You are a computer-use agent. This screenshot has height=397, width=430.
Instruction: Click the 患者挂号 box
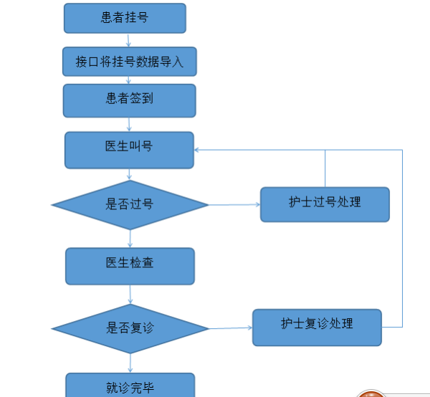click(125, 18)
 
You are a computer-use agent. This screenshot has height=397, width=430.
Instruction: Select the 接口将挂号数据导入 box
click(130, 62)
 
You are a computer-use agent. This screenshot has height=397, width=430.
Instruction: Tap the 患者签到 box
click(129, 100)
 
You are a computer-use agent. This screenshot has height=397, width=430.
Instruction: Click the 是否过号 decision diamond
click(130, 205)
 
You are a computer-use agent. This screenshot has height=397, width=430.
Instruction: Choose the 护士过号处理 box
click(325, 204)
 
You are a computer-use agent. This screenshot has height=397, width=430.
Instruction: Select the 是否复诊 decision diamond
click(130, 329)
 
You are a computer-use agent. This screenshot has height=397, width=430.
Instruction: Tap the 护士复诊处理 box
click(317, 327)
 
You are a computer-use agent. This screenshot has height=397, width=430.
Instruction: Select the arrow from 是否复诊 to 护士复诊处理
click(231, 328)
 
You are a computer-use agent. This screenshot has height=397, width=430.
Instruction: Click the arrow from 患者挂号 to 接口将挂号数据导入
click(129, 40)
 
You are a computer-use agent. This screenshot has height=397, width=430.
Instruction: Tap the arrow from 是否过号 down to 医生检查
click(130, 239)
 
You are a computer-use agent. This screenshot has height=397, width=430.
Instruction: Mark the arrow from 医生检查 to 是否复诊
click(130, 294)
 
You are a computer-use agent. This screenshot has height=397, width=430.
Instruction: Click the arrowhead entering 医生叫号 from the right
click(198, 150)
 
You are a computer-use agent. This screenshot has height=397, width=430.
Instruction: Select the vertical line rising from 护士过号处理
click(325, 168)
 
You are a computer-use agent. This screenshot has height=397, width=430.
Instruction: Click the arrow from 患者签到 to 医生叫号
click(130, 124)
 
